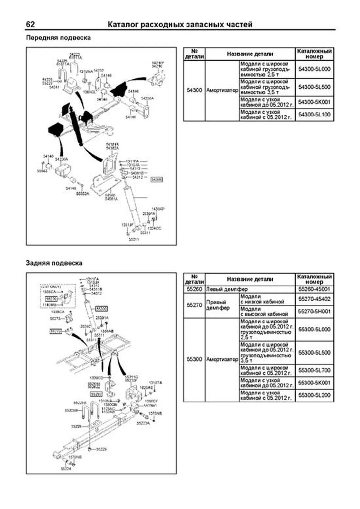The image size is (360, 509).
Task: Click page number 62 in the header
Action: (x=30, y=24)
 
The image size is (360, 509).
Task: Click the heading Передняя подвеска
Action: (x=58, y=38)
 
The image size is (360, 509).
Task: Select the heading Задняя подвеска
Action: (x=54, y=263)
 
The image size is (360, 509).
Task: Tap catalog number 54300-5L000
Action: (x=314, y=69)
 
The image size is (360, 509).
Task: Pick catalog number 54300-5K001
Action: (x=314, y=102)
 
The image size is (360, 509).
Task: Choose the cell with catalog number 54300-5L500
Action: (x=314, y=87)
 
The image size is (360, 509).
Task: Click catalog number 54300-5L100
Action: (x=314, y=115)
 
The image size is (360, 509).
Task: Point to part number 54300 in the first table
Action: (x=194, y=90)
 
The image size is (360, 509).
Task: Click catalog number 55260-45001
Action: (x=314, y=289)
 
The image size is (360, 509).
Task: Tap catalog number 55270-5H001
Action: (x=314, y=312)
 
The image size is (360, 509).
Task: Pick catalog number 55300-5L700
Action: (x=314, y=370)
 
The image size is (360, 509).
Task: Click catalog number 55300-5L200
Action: (x=314, y=395)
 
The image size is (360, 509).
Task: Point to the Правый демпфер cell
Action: (x=218, y=305)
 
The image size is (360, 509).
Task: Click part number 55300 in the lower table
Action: (x=194, y=359)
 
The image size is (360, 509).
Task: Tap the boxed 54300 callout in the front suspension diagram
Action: (x=157, y=179)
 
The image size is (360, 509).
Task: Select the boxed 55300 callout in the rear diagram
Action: (x=101, y=309)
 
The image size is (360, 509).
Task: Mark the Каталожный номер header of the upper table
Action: (x=314, y=54)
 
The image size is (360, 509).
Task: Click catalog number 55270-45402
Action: (x=314, y=299)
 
